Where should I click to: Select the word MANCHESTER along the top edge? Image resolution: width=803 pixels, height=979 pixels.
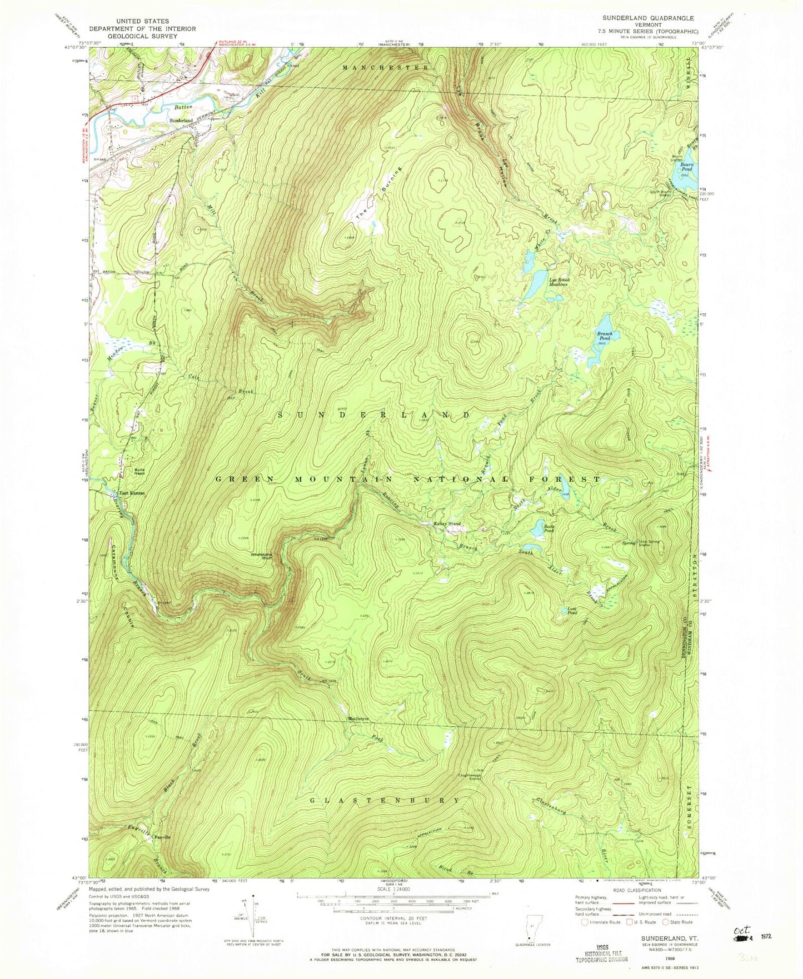coord(385,67)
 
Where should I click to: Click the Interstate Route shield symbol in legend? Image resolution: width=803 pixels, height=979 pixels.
coord(585,922)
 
